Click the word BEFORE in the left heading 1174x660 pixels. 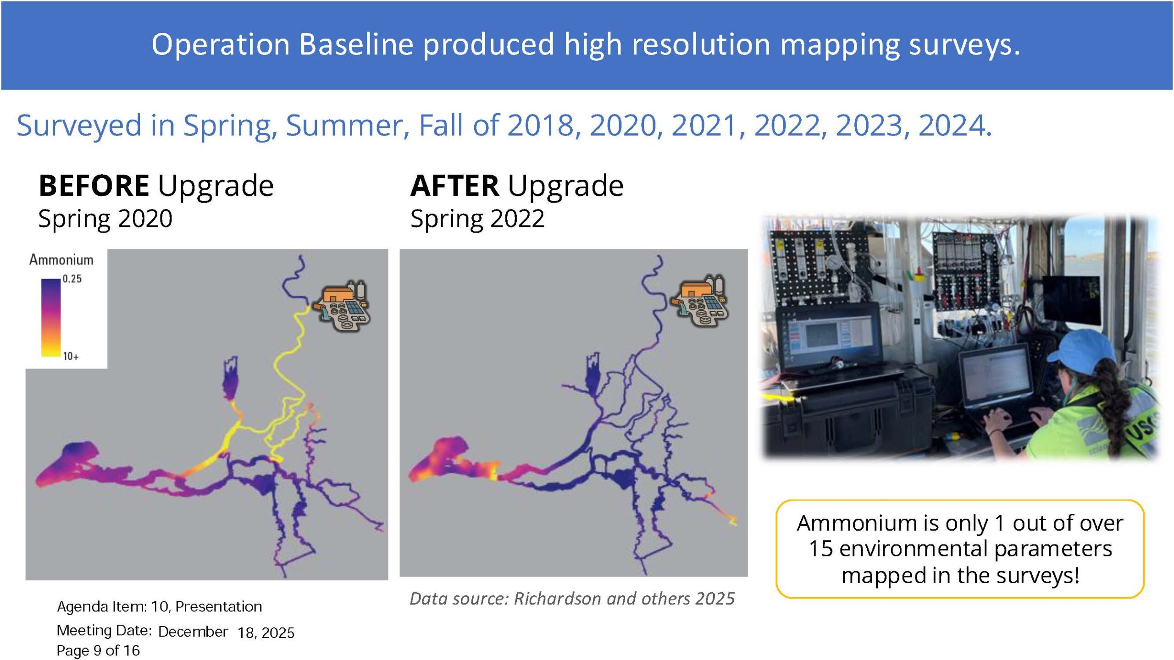94,186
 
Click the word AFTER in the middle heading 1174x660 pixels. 454,186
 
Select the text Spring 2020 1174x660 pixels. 105,219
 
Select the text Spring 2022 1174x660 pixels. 477,219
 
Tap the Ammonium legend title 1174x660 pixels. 61,260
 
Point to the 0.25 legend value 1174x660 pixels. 72,279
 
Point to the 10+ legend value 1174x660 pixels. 71,356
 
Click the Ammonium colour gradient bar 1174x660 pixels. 51,318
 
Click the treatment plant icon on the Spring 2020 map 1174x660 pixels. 343,306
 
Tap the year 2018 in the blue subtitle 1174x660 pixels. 540,125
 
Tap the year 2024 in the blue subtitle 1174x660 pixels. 951,125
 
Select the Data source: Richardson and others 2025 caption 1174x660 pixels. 572,599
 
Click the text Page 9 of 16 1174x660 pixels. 98,650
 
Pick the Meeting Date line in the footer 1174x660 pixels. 176,632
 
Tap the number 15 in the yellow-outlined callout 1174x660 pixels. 820,549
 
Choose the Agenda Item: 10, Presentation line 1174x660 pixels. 160,606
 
